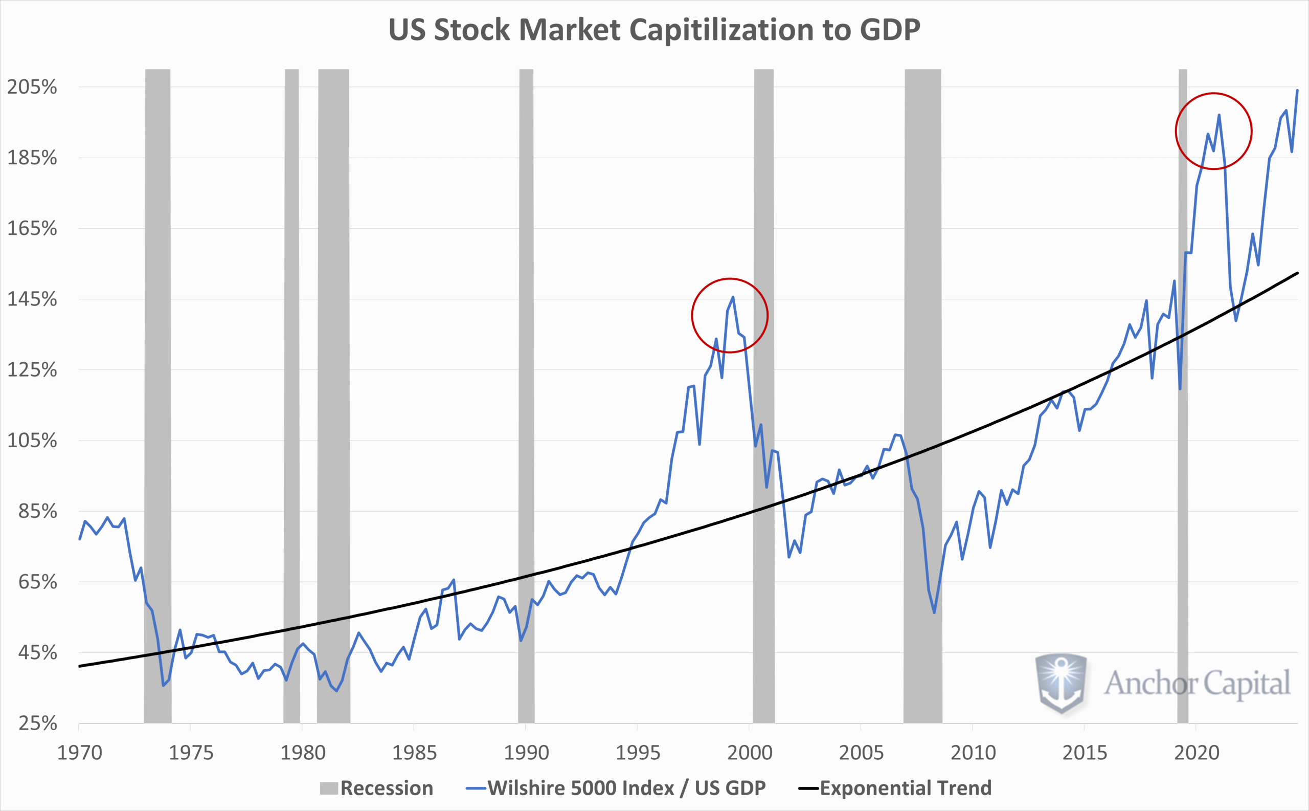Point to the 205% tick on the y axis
tap(32, 87)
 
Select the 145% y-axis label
tap(32, 299)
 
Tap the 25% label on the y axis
tap(37, 724)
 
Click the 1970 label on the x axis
tap(79, 753)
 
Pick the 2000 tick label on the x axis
tap(750, 753)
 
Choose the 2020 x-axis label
tap(1197, 753)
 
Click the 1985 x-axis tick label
tap(414, 753)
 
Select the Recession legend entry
tap(376, 788)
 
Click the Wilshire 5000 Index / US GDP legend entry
tap(617, 788)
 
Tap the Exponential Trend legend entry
tap(895, 788)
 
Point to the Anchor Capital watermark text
tap(1197, 684)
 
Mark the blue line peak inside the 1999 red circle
tap(733, 297)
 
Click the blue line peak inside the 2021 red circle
tap(1219, 115)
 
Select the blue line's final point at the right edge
tap(1297, 90)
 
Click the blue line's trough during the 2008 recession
tap(934, 612)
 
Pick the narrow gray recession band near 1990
tap(526, 376)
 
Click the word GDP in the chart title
tap(890, 30)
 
